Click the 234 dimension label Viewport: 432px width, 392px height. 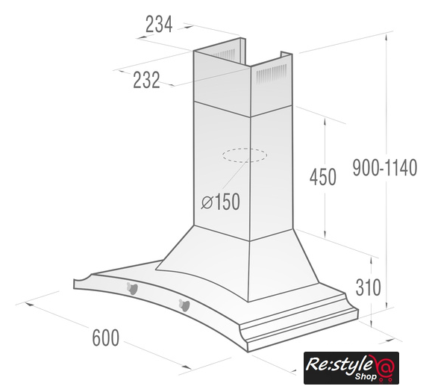pyautogui.click(x=159, y=24)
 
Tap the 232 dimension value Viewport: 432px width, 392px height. pyautogui.click(x=146, y=80)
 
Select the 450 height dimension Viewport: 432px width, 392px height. pyautogui.click(x=322, y=177)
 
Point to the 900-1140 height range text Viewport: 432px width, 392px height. pyautogui.click(x=385, y=167)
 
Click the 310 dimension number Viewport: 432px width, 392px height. pyautogui.click(x=368, y=287)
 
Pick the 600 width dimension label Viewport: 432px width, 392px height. pyautogui.click(x=106, y=337)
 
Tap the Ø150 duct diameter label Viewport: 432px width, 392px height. pyautogui.click(x=220, y=202)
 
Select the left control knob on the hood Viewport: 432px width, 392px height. pyautogui.click(x=132, y=288)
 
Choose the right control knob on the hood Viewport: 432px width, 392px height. pyautogui.click(x=184, y=305)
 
